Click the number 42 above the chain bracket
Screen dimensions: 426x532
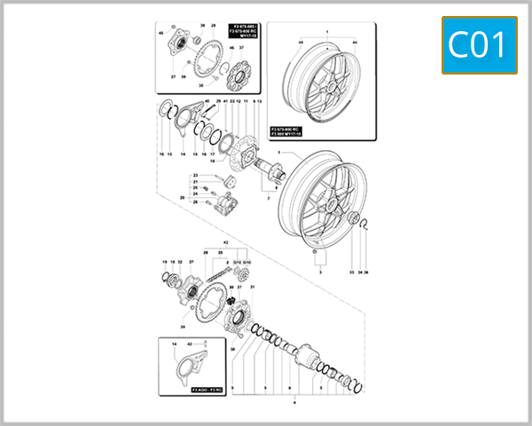[226, 242]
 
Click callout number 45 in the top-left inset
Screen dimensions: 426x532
[161, 32]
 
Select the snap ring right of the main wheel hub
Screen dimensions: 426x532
[366, 225]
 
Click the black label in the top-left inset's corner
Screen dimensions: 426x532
[245, 32]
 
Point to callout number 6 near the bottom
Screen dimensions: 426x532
[288, 389]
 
